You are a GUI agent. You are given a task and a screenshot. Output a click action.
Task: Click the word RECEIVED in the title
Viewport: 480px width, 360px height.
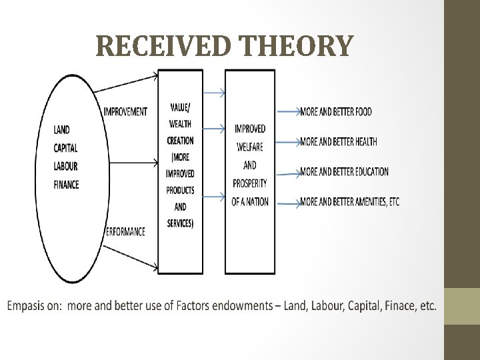(x=166, y=46)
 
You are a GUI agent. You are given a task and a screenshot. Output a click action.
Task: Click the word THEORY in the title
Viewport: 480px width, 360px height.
(x=297, y=46)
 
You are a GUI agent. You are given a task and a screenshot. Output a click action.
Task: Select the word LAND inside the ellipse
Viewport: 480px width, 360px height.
(x=61, y=129)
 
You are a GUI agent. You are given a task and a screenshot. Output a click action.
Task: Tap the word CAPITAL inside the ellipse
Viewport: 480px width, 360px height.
(x=65, y=147)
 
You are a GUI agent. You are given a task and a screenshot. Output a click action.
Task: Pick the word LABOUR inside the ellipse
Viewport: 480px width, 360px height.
(x=65, y=166)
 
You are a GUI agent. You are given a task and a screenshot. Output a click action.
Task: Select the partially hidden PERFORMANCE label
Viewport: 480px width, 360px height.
(x=127, y=231)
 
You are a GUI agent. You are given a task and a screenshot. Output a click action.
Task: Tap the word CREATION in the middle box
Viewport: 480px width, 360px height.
(x=181, y=141)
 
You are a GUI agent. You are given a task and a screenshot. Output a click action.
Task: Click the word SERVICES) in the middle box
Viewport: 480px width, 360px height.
(x=181, y=223)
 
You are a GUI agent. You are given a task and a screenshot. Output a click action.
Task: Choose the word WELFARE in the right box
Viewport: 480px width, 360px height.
(x=250, y=147)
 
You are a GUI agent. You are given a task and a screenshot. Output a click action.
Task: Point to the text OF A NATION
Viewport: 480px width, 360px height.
(x=250, y=201)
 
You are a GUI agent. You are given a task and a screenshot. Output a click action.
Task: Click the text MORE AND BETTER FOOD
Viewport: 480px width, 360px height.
(x=336, y=111)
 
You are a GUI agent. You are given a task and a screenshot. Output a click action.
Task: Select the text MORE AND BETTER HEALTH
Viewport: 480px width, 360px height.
(x=339, y=141)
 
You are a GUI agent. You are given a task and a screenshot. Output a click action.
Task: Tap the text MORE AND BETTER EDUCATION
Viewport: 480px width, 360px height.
(x=344, y=171)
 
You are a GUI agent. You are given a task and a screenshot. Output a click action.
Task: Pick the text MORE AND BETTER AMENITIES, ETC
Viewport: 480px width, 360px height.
(x=350, y=201)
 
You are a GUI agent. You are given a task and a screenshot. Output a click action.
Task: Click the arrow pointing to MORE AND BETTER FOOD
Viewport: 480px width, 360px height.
(x=287, y=112)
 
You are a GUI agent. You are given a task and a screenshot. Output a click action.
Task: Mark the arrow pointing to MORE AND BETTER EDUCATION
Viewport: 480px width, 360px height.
(x=287, y=173)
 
